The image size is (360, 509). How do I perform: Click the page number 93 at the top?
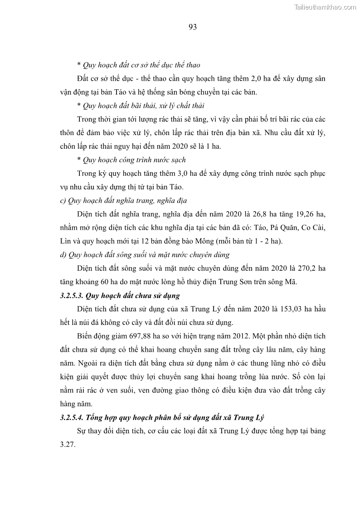pyautogui.click(x=192, y=27)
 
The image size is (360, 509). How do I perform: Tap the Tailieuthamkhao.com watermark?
pyautogui.click(x=325, y=7)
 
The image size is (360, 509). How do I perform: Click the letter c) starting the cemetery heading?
pyautogui.click(x=63, y=200)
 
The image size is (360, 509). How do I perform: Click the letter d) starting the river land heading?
pyautogui.click(x=63, y=255)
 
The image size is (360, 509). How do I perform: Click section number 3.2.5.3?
pyautogui.click(x=75, y=296)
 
